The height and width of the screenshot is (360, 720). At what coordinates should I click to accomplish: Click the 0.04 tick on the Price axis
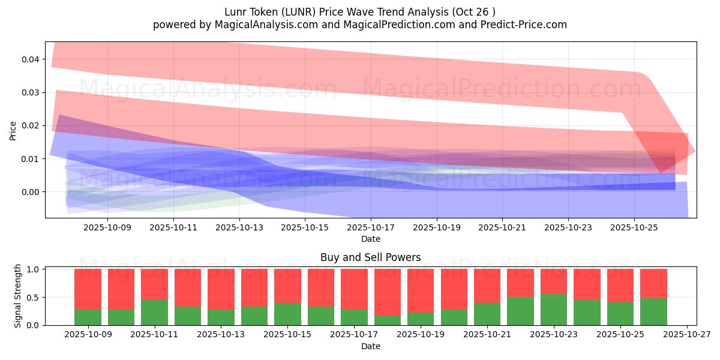click(x=31, y=59)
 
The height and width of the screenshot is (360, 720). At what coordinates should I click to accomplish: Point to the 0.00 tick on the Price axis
click(x=31, y=192)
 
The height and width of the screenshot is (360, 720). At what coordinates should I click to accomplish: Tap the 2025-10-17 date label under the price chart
click(x=371, y=228)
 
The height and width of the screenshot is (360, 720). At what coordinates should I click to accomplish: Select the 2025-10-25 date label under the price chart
click(x=635, y=228)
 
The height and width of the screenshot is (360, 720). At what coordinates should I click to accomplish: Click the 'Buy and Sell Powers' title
click(x=370, y=257)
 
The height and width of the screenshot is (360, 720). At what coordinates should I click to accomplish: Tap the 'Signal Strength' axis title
click(x=18, y=296)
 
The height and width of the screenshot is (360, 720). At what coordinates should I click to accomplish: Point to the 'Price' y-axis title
click(x=13, y=130)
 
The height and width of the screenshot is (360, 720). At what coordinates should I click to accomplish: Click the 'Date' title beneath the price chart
click(x=370, y=239)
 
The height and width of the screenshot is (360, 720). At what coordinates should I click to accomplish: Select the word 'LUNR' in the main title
click(x=290, y=12)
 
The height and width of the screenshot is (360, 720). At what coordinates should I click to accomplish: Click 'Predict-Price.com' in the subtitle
click(x=521, y=25)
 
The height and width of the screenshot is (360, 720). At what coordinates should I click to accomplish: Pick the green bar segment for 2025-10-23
click(x=554, y=310)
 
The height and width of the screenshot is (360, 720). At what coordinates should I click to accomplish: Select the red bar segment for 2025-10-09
click(x=88, y=289)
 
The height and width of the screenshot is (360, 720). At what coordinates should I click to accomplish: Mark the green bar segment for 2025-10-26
click(x=653, y=311)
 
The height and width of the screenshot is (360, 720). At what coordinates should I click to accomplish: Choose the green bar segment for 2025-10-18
click(x=388, y=320)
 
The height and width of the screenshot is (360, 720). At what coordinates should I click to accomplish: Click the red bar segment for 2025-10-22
click(x=520, y=283)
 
